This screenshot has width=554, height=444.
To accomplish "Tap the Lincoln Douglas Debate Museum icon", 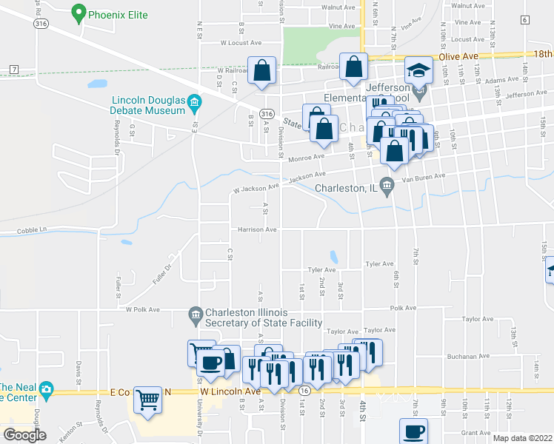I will point(194,101).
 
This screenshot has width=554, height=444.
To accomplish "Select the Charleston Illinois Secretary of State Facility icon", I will point(196,315).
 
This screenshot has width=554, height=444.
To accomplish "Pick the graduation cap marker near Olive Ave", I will point(418,70).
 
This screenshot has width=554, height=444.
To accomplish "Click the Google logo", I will point(24,435).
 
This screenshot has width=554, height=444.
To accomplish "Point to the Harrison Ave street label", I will point(257,229).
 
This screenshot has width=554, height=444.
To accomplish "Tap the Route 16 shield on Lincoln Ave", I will point(304,389).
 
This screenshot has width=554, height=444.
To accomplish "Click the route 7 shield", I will point(14,69).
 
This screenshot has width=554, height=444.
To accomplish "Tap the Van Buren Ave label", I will point(423,177).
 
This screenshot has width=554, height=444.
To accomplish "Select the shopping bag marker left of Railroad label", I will point(261,70).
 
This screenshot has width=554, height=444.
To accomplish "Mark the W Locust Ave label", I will point(241,43).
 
